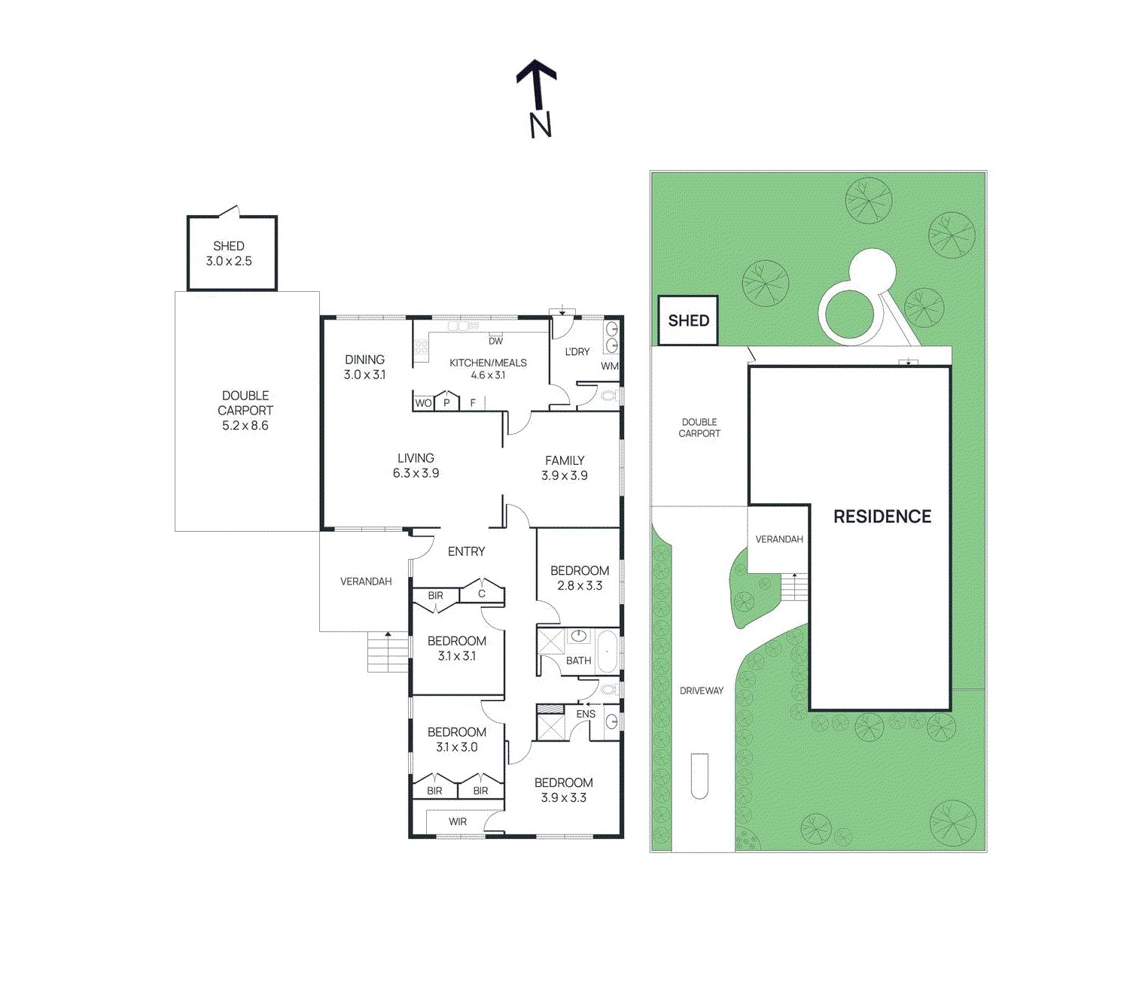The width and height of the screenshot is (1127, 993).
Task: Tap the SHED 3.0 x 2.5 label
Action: [229, 254]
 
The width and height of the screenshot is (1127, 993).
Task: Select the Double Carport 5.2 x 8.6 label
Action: [245, 410]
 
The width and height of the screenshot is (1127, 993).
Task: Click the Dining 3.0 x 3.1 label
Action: [364, 367]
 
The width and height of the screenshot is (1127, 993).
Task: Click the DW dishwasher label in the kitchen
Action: [495, 342]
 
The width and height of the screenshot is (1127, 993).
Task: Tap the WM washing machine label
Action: [609, 366]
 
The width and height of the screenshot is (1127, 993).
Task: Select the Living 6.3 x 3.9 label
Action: [416, 466]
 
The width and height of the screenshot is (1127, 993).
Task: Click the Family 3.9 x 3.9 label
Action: [565, 467]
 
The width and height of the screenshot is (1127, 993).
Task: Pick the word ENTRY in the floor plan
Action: [466, 551]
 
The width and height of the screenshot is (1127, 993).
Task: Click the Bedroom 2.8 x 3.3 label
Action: [579, 578]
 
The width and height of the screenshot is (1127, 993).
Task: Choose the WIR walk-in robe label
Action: [458, 821]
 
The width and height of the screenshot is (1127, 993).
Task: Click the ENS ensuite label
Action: [585, 714]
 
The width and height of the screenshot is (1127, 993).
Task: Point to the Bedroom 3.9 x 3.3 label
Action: [563, 790]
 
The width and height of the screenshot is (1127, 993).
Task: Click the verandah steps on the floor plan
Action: [388, 651]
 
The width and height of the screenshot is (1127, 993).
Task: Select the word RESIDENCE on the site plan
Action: [882, 516]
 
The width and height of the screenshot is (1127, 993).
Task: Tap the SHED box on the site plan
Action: [688, 320]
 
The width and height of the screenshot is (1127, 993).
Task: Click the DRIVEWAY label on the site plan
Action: [701, 691]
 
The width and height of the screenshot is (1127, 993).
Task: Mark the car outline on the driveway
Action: [699, 776]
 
